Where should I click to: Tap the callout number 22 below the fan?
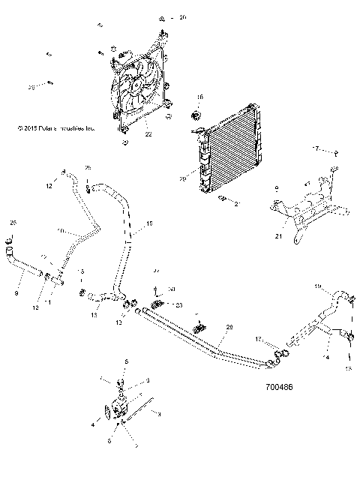click(x=148, y=135)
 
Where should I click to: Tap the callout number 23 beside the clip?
click(x=178, y=305)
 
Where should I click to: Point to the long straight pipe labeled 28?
click(x=202, y=334)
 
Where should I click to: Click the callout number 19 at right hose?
click(x=316, y=287)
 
